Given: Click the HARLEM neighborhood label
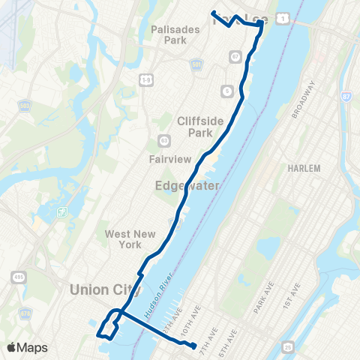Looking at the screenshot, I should [x=303, y=167].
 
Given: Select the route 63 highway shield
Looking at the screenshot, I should [x=163, y=140].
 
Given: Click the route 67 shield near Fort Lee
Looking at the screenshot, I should [x=235, y=56].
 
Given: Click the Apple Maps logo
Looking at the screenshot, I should [x=27, y=347].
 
